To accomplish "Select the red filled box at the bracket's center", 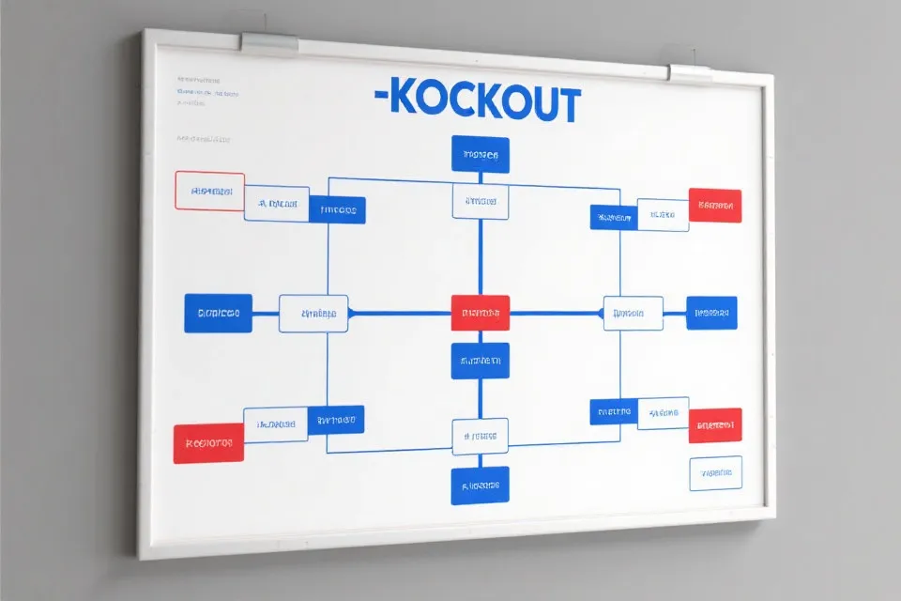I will pyautogui.click(x=481, y=313).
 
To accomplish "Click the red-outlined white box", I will pyautogui.click(x=209, y=191).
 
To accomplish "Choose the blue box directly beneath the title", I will pyautogui.click(x=481, y=155).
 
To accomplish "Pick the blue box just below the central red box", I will pyautogui.click(x=481, y=361).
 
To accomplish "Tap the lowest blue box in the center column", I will pyautogui.click(x=481, y=485).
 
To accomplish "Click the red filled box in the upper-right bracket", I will pyautogui.click(x=715, y=206).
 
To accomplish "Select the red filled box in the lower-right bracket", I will pyautogui.click(x=715, y=425).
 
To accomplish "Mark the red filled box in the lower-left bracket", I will pyautogui.click(x=208, y=443).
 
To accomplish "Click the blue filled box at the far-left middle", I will pyautogui.click(x=218, y=314).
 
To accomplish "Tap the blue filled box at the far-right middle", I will pyautogui.click(x=711, y=313).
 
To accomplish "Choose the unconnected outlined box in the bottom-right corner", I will pyautogui.click(x=715, y=473).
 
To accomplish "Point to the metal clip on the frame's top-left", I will pyautogui.click(x=270, y=42).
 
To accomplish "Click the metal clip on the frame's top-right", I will pyautogui.click(x=692, y=72).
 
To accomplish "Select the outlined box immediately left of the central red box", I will pyautogui.click(x=313, y=314).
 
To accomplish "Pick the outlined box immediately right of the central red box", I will pyautogui.click(x=632, y=314).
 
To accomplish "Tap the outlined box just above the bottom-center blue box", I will pyautogui.click(x=481, y=436).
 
